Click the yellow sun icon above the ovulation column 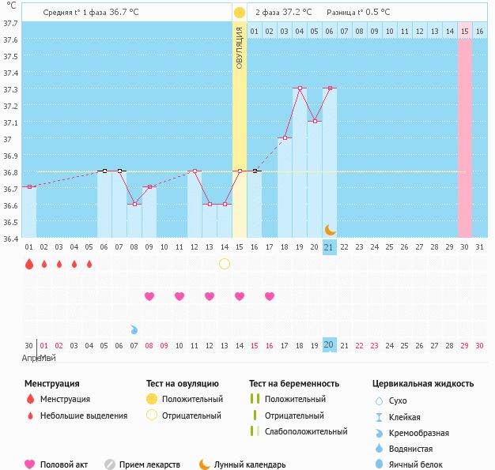[240, 13]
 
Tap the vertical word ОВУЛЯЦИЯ [240, 47]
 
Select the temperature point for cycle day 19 [300, 88]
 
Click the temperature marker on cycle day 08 [134, 204]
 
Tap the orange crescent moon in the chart [330, 230]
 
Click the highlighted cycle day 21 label [330, 247]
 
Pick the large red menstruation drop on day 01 [28, 264]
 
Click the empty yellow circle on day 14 [225, 263]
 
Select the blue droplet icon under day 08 [134, 329]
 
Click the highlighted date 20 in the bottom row [330, 345]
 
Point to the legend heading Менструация [52, 384]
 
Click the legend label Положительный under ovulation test [192, 400]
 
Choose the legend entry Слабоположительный [307, 431]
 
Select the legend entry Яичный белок [416, 464]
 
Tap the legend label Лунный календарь [250, 464]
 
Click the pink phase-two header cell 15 [465, 31]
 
